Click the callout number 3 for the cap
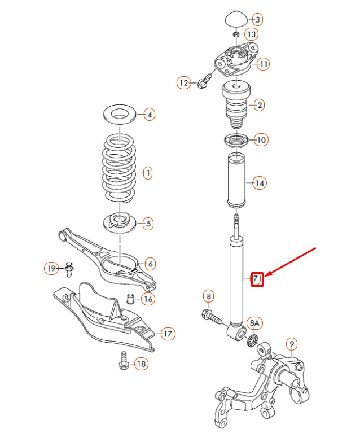(x=257, y=20)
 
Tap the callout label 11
(x=264, y=64)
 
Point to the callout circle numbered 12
(x=183, y=83)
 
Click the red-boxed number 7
(x=257, y=278)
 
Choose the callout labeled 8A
(x=255, y=323)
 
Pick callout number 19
(x=51, y=269)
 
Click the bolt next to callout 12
(x=204, y=80)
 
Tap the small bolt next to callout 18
(x=123, y=361)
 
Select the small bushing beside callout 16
(x=129, y=298)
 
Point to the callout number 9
(x=291, y=343)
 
